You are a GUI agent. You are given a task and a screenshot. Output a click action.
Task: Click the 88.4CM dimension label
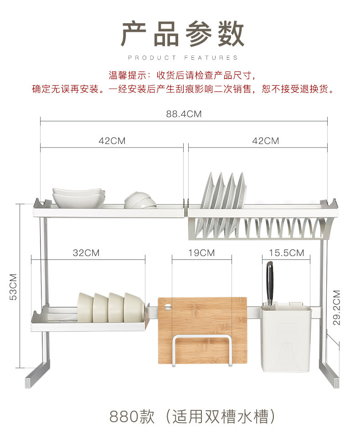[184, 114]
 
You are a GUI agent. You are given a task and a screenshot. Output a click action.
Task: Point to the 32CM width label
[86, 253]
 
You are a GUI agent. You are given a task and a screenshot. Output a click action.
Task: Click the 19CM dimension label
[201, 253]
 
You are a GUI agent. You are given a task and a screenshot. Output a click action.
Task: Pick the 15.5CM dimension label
[286, 253]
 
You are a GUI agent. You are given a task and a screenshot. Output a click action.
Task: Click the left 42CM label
[112, 141]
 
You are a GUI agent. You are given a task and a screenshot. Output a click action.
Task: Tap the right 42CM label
[266, 141]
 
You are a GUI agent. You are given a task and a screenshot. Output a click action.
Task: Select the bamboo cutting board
[202, 319]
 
